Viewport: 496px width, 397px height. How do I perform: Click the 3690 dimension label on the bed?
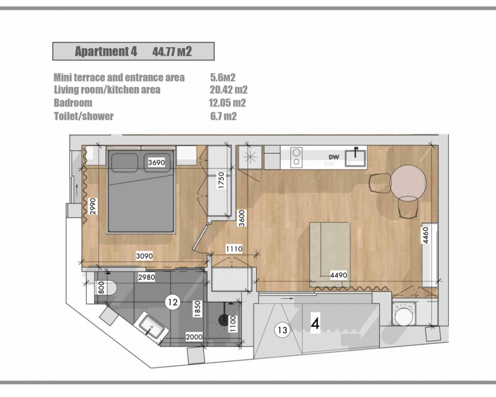157,162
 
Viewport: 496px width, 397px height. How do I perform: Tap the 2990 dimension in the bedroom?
93,206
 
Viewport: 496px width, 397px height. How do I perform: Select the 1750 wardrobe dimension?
221,180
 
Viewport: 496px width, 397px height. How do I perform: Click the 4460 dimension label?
426,235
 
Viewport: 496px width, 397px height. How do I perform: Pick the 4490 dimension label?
338,275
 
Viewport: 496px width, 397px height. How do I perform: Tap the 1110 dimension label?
234,249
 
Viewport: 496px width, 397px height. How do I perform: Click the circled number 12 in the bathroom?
173,302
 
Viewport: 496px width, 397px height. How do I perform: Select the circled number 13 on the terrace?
282,330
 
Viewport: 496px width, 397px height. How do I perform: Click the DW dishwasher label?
334,157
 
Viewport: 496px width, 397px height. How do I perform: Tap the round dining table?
409,183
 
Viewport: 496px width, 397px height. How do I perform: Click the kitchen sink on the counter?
355,158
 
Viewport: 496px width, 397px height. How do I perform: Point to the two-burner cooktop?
296,157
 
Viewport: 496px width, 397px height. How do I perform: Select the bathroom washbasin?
152,327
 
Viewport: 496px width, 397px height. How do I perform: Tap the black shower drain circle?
223,320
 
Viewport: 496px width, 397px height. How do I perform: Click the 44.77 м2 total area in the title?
172,51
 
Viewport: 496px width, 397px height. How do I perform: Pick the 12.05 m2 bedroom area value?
227,103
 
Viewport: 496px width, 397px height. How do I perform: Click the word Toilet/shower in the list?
84,116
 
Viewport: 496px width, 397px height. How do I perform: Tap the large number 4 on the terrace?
315,324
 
